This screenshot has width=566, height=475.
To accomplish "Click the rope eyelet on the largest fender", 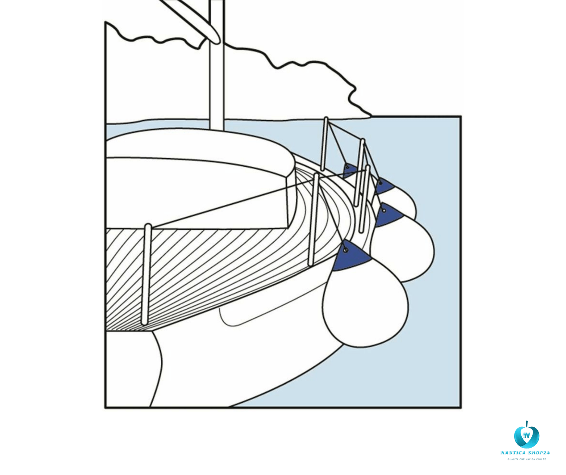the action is point(346,250).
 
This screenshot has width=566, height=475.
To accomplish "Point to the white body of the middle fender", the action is point(403,250).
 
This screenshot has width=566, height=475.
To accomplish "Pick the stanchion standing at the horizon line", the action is point(324,144).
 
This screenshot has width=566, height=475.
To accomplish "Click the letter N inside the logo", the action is point(527,435).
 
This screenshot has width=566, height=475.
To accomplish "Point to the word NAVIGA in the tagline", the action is point(531,459).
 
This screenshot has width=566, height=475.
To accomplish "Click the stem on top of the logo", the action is point(527,424).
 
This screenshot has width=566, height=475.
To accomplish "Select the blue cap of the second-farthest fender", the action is point(383,186).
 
